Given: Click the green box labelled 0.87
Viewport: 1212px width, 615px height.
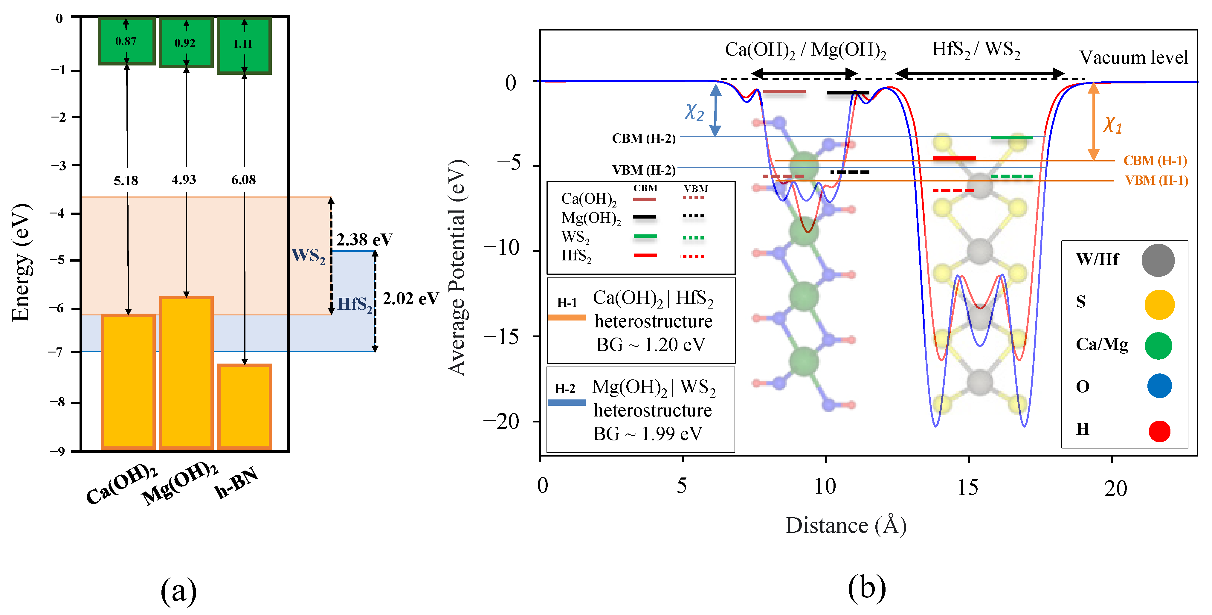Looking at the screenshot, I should (126, 41).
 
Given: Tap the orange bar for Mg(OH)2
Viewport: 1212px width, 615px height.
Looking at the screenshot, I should (186, 372).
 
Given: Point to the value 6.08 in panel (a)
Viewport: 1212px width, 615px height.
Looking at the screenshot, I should (243, 180).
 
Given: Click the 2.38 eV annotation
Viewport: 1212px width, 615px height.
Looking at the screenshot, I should (364, 239).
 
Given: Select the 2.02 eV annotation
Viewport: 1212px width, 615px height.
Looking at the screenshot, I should (410, 299).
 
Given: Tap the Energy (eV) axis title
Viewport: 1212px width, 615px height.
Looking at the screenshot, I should (21, 263).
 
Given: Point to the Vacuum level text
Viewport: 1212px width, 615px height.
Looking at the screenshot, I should (1133, 57).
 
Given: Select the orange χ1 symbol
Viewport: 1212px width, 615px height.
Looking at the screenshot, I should (1112, 125).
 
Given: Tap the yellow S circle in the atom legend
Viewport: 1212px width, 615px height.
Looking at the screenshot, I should (1159, 304).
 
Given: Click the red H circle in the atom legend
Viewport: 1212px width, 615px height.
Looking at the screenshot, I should (1159, 431).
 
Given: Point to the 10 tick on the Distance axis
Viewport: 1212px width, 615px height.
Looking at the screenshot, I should (825, 486).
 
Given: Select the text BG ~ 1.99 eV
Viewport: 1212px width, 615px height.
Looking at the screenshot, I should (647, 434).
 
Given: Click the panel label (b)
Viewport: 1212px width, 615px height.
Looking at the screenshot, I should (867, 588).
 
